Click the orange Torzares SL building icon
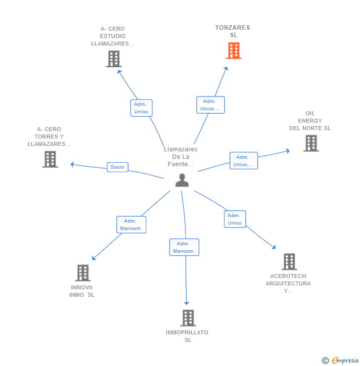pos(233,50)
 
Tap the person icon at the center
pos(182,181)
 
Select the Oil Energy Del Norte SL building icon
pos(311,143)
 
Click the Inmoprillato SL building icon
pos(188,318)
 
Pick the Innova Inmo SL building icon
pos(83,273)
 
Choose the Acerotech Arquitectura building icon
pos(289,262)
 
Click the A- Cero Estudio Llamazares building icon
pos(114,59)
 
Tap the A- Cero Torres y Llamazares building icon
pos(50,159)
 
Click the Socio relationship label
pos(117,167)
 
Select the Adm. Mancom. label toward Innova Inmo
pos(131,225)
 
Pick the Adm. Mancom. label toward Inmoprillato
pos(184,247)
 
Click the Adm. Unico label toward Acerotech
pos(235,219)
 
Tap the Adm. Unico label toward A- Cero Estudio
pos(141,108)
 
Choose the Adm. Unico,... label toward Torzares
pos(210,105)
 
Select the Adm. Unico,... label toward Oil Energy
pos(243,161)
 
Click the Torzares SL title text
pos(232,31)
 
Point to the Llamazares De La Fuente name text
pos(180,156)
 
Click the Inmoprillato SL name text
pos(187,336)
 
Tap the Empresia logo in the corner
pos(341,361)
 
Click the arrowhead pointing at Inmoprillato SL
pos(186,303)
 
